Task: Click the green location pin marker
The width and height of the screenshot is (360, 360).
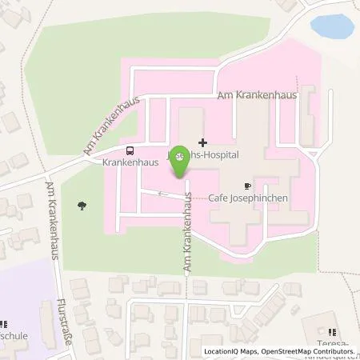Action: pyautogui.click(x=181, y=159)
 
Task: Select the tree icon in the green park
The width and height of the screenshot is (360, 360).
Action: pyautogui.click(x=82, y=206)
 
